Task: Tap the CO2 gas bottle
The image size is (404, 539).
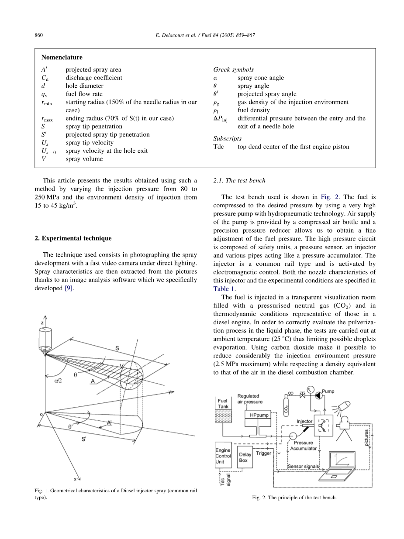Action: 286,399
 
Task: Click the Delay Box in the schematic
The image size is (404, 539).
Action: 245,457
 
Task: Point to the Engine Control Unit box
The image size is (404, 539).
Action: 223,456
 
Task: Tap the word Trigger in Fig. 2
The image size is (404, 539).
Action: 263,453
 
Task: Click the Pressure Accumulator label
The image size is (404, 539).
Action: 303,445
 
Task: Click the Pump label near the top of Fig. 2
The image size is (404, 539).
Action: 328,391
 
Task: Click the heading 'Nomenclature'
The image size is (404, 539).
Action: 62,57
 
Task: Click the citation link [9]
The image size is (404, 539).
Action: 70,288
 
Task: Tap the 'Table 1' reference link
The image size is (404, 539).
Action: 224,288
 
